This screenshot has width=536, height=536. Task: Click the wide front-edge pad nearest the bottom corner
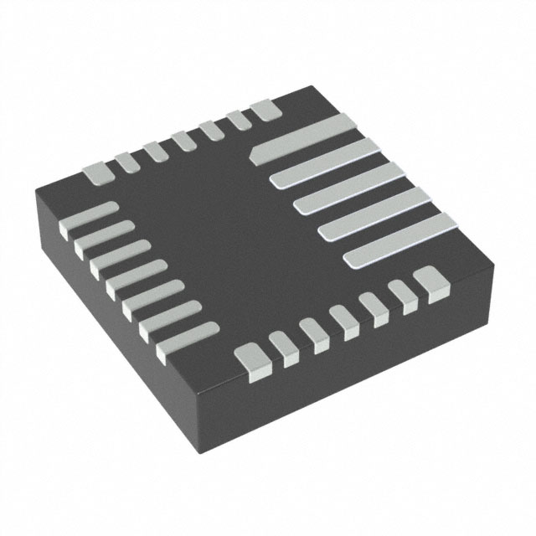tap(253, 357)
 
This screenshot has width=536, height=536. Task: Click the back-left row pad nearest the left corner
tap(96, 173)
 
